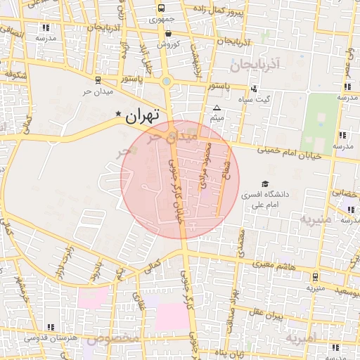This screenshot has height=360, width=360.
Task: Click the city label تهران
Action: point(143,116)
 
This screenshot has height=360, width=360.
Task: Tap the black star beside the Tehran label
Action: point(118,113)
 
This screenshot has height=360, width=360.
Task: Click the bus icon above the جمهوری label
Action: point(162,8)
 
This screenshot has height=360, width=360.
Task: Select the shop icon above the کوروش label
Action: point(168,33)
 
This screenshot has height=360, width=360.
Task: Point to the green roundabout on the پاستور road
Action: point(166,81)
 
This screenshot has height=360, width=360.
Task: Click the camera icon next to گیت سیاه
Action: point(254,89)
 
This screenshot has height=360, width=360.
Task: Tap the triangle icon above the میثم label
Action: point(217,108)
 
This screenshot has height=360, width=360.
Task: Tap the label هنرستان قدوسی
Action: point(50,338)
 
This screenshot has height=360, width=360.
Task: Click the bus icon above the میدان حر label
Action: point(97,79)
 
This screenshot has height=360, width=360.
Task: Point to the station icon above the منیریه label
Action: point(315,276)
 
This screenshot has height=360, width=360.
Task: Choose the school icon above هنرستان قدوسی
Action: point(50,327)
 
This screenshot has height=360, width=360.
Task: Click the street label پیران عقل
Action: point(264,311)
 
